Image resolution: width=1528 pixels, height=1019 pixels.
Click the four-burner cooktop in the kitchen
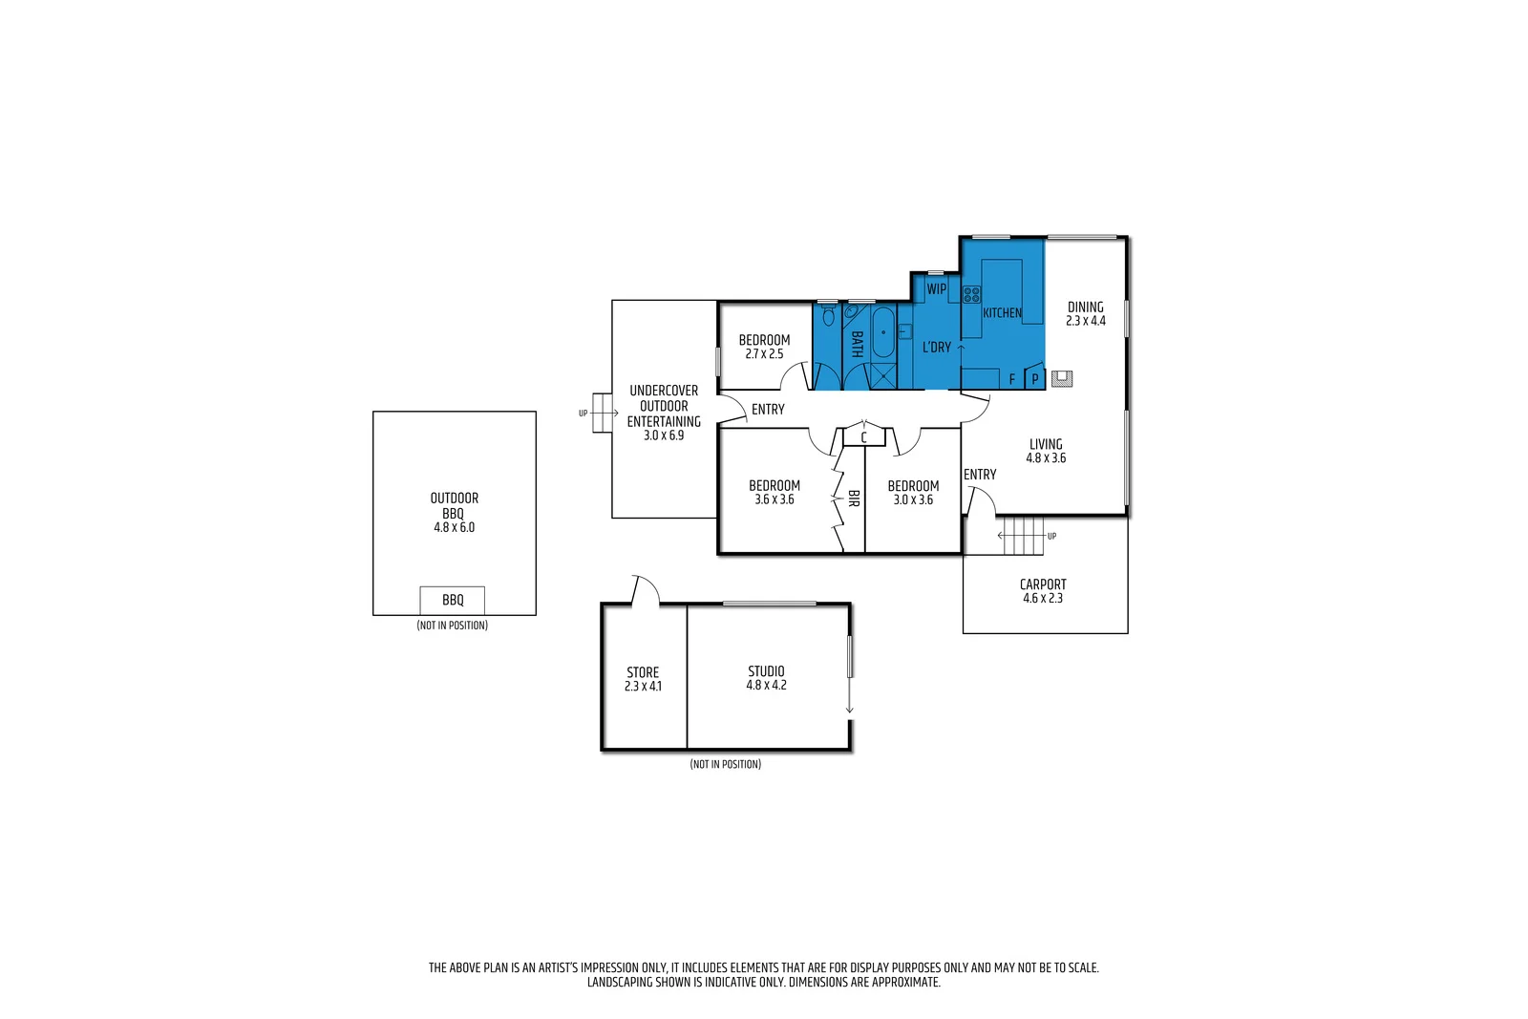[971, 294]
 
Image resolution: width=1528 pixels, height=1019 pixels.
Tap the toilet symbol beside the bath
[828, 314]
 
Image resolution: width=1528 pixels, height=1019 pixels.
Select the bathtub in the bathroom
[883, 332]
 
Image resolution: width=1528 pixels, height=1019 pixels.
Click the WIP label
[937, 288]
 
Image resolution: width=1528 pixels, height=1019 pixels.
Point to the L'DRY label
[937, 348]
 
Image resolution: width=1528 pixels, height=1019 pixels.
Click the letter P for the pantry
[1034, 379]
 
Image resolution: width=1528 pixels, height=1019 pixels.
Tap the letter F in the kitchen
[1012, 379]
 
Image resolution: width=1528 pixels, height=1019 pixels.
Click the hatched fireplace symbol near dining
[1062, 379]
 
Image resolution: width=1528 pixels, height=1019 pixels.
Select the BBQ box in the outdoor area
[453, 600]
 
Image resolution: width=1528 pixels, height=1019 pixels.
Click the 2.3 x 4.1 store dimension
[643, 686]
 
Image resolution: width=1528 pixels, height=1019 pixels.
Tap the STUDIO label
[766, 671]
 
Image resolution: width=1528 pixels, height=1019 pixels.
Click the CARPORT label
[1043, 584]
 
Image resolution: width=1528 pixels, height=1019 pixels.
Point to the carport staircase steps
[1024, 536]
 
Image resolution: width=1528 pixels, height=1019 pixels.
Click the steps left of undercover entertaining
[602, 413]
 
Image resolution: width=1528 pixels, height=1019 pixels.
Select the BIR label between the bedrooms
[854, 498]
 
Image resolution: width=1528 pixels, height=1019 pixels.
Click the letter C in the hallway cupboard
[863, 437]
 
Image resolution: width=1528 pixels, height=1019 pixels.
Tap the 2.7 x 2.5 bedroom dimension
[764, 353]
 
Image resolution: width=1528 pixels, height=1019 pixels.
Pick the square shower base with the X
[883, 376]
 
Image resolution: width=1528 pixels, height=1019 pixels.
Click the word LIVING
[1046, 444]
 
